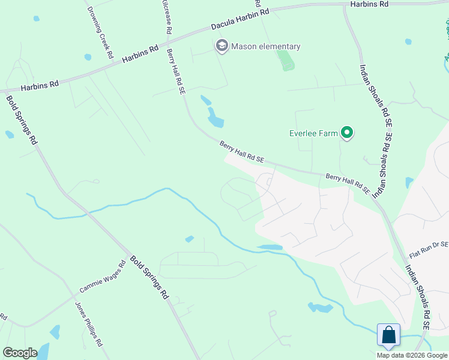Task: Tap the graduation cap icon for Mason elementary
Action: (x=222, y=46)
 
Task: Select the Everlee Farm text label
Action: (x=313, y=133)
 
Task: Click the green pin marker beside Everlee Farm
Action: (x=347, y=133)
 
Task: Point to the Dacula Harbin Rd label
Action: (x=240, y=20)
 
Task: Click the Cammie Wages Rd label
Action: (x=102, y=277)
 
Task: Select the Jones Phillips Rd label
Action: (x=89, y=324)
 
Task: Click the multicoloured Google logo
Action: (x=20, y=353)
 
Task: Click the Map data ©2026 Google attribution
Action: (x=412, y=355)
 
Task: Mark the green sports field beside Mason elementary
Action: (x=286, y=59)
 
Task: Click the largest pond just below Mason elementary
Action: (x=215, y=118)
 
